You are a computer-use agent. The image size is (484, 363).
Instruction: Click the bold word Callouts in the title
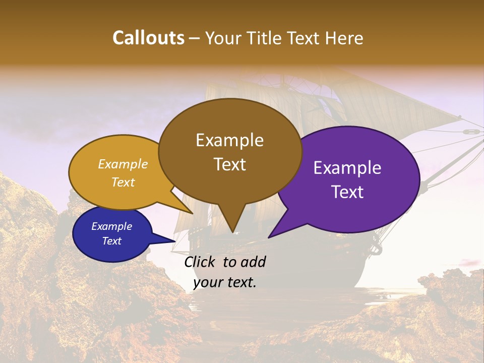coord(148,38)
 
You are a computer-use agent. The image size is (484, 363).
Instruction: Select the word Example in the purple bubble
coord(347,168)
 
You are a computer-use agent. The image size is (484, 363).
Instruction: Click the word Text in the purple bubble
coord(347,192)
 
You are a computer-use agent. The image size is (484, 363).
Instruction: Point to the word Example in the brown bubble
coord(229,140)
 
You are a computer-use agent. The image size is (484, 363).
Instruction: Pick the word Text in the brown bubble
coord(229,164)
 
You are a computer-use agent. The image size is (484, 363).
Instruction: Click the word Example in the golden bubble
coord(123,164)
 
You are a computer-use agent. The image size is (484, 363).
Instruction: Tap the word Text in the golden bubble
coord(123,182)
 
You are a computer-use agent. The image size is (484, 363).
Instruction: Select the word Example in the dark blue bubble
coord(112,226)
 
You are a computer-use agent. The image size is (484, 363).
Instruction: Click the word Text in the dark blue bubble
coord(112,241)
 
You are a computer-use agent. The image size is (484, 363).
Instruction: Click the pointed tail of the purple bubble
coord(271,235)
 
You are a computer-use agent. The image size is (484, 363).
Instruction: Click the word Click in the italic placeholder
coord(201,262)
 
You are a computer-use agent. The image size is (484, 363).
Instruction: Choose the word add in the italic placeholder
coord(253,262)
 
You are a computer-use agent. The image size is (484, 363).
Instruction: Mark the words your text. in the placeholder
coord(225,282)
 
